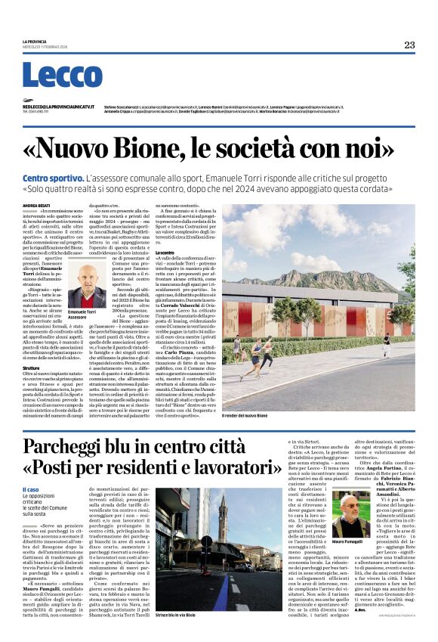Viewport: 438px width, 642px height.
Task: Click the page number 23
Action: coord(409,45)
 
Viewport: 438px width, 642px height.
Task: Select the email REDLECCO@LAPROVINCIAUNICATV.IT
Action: coord(60,107)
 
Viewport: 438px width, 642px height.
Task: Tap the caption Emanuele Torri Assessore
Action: coord(83,314)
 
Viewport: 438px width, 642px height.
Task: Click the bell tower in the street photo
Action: coord(223,518)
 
